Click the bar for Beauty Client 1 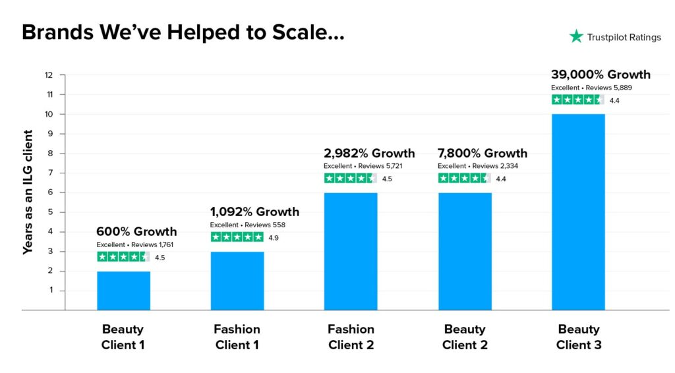click(123, 290)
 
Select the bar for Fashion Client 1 click(237, 280)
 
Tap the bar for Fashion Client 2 click(351, 251)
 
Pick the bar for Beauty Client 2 click(465, 251)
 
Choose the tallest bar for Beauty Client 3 click(578, 212)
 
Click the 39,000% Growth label click(601, 74)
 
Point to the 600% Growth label click(136, 231)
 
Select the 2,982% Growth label click(369, 153)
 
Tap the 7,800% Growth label click(483, 153)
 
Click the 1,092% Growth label click(254, 212)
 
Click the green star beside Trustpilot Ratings click(576, 37)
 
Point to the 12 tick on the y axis click(49, 74)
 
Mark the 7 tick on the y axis click(49, 173)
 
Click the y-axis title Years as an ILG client click(28, 192)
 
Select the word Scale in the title click(303, 32)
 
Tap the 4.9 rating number click(274, 237)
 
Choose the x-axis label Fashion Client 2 click(351, 337)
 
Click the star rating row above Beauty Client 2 click(464, 178)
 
